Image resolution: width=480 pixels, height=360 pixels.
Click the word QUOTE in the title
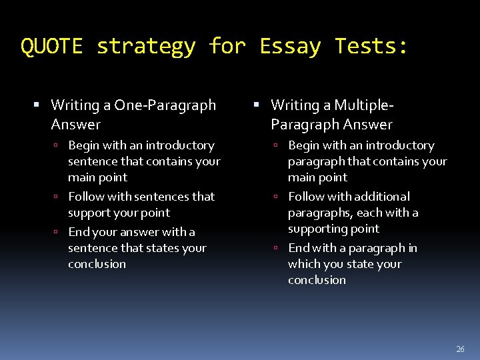[51, 46]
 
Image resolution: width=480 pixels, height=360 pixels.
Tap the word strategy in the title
[146, 46]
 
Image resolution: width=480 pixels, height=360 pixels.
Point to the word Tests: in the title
[371, 46]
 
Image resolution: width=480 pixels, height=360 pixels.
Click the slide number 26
[460, 349]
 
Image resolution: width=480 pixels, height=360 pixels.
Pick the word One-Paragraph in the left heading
[165, 105]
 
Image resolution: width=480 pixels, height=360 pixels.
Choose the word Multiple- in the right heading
[364, 105]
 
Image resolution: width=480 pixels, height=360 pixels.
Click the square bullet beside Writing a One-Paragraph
[37, 105]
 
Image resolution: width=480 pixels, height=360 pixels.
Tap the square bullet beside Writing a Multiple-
[257, 105]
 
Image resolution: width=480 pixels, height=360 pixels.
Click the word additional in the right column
[382, 197]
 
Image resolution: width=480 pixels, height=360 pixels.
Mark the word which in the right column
[304, 264]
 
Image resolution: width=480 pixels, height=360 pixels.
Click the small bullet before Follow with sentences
[58, 197]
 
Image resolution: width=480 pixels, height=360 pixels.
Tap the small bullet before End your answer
[58, 233]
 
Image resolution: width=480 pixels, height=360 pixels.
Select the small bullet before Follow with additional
[278, 197]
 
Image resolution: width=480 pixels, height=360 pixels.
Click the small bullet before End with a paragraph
[278, 249]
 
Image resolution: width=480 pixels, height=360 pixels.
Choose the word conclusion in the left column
[97, 264]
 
